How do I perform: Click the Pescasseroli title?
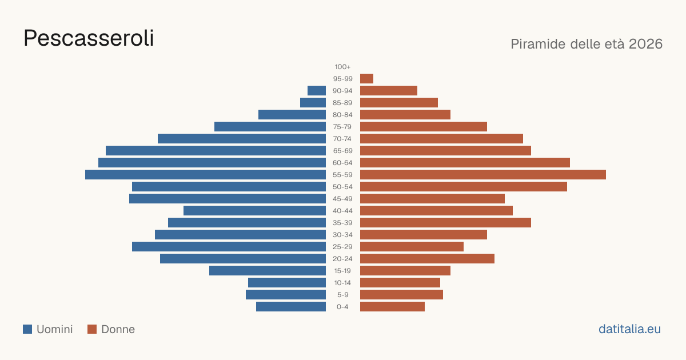(x=89, y=38)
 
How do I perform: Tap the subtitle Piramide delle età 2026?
(x=587, y=44)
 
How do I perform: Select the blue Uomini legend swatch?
(x=27, y=329)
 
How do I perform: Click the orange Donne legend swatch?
(x=92, y=329)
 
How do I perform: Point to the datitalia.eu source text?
(x=629, y=329)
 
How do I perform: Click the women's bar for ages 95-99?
(x=366, y=79)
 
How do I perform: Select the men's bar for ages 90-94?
(x=317, y=91)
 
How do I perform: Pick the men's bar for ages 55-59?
(x=205, y=174)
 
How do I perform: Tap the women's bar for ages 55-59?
(x=483, y=174)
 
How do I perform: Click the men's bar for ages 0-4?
(x=291, y=306)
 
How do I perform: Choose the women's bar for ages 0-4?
(x=392, y=306)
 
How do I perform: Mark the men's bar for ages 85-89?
(x=313, y=102)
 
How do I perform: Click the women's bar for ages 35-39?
(x=445, y=222)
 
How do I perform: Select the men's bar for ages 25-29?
(x=229, y=246)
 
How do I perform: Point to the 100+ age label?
(x=342, y=67)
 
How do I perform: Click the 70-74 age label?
(x=342, y=139)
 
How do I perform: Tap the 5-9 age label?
(x=342, y=294)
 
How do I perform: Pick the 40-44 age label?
(x=342, y=211)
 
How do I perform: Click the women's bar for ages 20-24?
(x=427, y=258)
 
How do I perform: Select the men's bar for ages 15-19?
(x=268, y=270)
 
